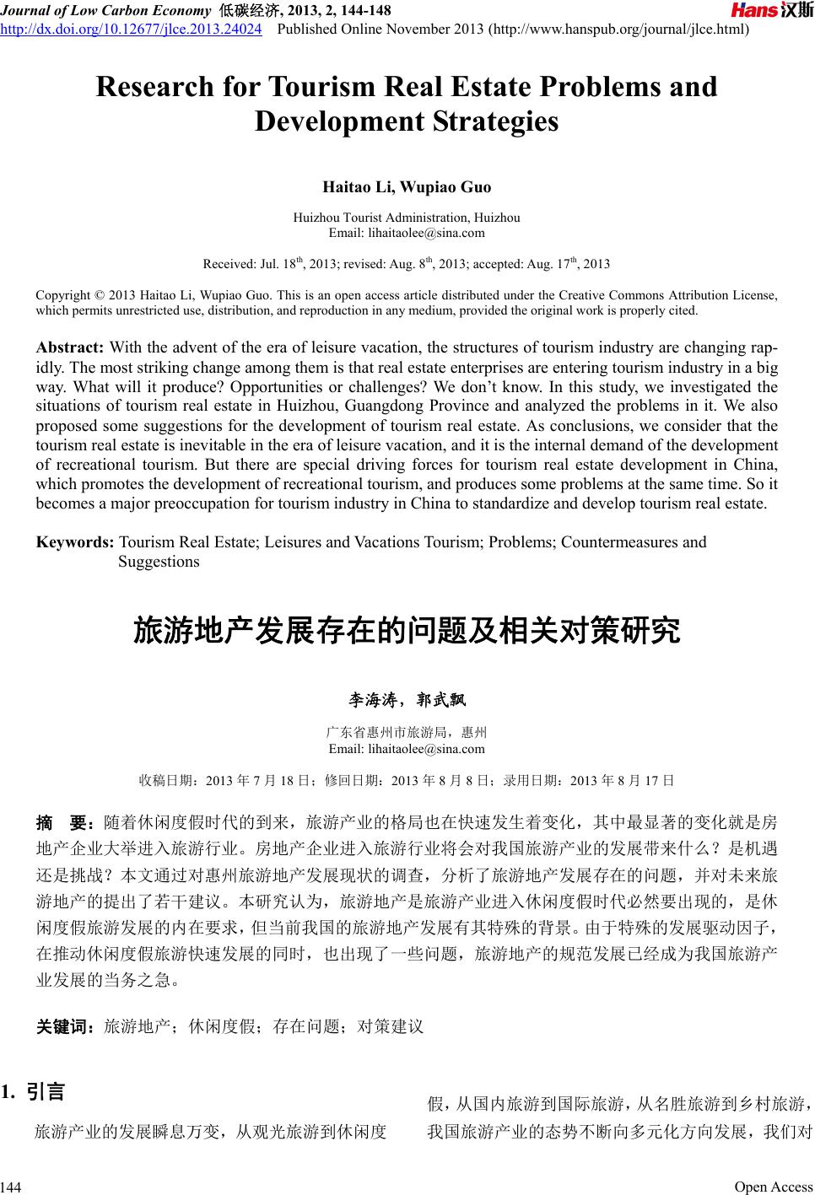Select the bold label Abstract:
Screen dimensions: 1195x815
tap(70, 348)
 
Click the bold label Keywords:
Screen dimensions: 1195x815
tap(75, 542)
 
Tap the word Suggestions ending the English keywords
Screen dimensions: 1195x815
tap(159, 562)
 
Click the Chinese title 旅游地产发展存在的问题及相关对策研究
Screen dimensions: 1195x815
tap(407, 632)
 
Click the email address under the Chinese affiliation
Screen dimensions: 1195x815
tap(407, 749)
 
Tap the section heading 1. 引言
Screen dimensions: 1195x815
tap(34, 1093)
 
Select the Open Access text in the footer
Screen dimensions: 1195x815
tap(773, 1187)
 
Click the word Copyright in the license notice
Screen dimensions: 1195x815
tap(62, 295)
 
